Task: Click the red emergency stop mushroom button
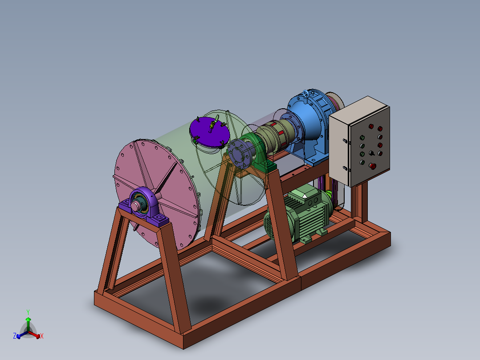[x=373, y=166]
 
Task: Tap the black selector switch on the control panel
[x=372, y=153]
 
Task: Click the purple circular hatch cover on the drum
[x=210, y=131]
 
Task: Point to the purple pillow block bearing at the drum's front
[x=144, y=205]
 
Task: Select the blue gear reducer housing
[x=309, y=125]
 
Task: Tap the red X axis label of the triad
[x=42, y=336]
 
